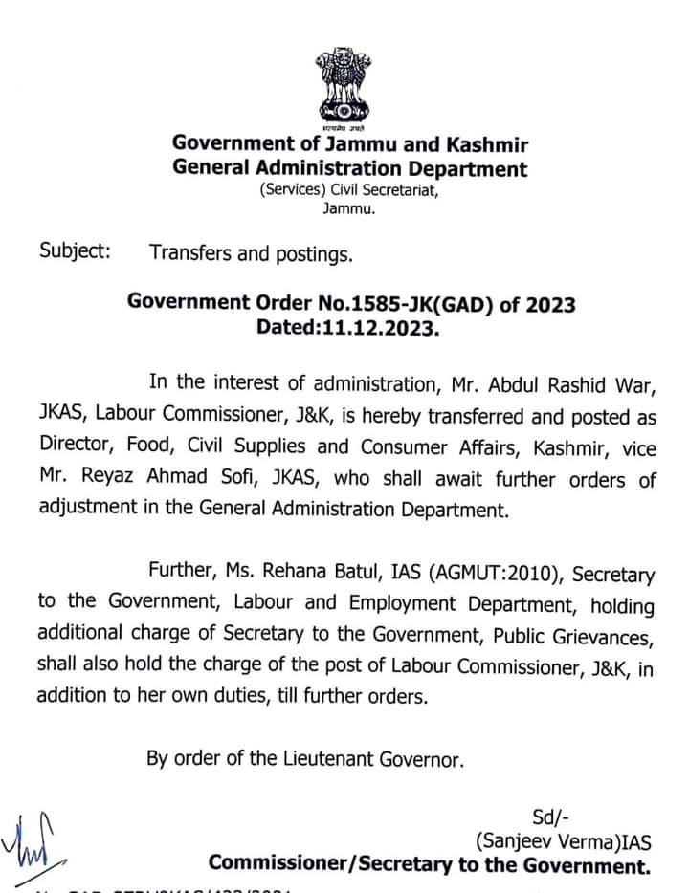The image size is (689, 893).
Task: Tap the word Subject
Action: (x=75, y=253)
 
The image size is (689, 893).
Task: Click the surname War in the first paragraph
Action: (x=635, y=383)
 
